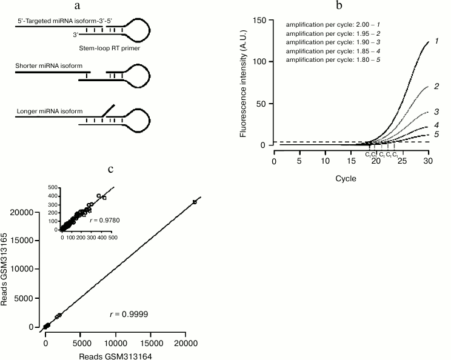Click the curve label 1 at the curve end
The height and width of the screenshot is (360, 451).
point(436,40)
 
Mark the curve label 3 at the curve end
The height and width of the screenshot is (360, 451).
point(436,112)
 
